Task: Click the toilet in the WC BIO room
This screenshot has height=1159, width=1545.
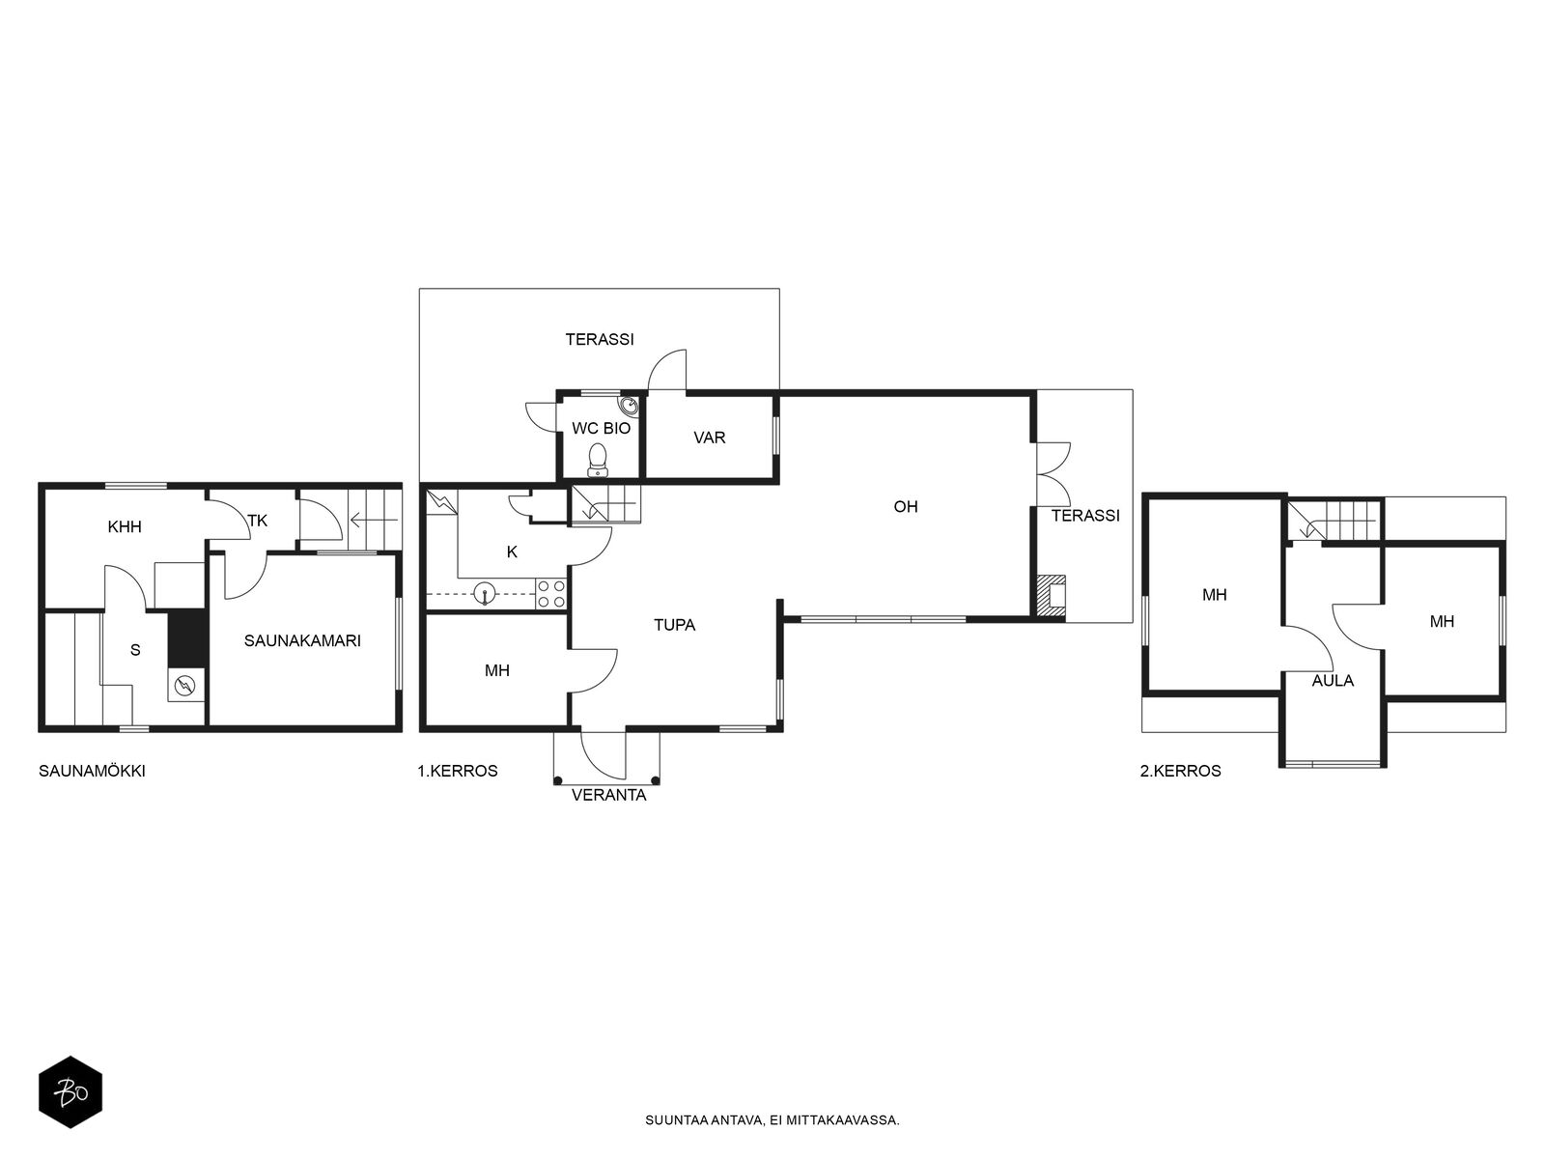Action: click(598, 460)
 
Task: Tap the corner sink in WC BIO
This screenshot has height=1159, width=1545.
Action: click(628, 406)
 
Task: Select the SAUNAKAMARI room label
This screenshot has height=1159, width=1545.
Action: click(302, 640)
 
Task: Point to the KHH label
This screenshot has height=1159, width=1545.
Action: click(125, 526)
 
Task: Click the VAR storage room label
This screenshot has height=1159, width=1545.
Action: click(709, 438)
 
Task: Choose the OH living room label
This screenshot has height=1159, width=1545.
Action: click(905, 507)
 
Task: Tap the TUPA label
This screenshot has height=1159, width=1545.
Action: click(674, 625)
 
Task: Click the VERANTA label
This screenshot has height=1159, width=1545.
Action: click(609, 795)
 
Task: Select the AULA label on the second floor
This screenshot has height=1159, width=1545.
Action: click(1333, 681)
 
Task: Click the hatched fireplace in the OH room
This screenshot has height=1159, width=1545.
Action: click(1049, 597)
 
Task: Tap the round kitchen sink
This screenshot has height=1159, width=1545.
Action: click(485, 593)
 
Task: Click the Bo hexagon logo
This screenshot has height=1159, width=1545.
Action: click(70, 1092)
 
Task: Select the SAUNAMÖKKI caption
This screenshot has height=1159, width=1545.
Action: click(92, 771)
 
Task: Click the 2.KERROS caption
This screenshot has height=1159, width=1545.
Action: click(1180, 771)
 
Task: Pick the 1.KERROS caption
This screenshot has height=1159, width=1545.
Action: click(458, 771)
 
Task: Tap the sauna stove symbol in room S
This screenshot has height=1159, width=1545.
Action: click(185, 683)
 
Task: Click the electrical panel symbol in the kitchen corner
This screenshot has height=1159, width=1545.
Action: click(442, 501)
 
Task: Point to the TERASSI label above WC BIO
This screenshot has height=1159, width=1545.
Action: click(600, 339)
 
